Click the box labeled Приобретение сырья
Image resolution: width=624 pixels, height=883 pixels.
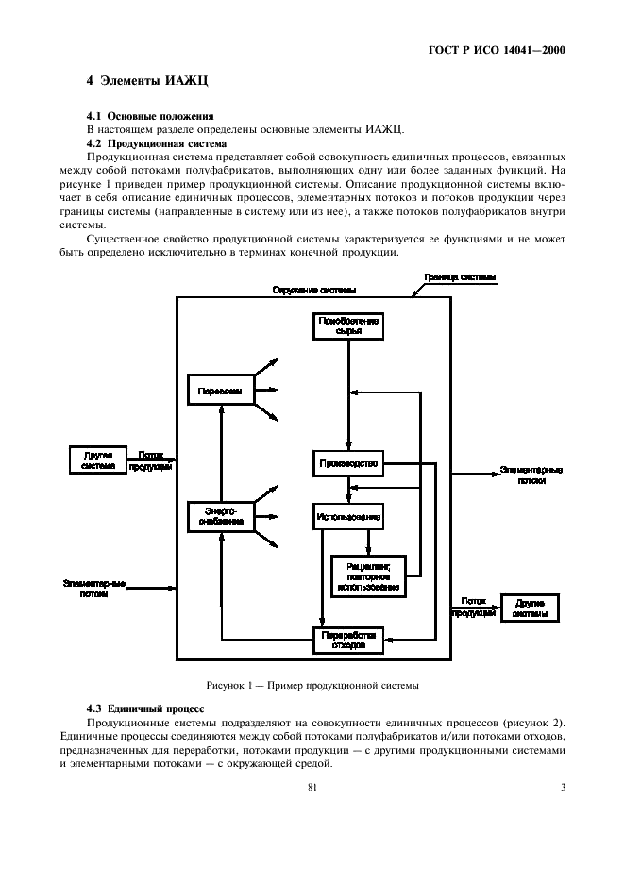pos(348,326)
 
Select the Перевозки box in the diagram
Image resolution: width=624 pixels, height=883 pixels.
pos(221,390)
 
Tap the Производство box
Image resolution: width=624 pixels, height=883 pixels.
pos(348,463)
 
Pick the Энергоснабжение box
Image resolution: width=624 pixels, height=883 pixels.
pos(220,515)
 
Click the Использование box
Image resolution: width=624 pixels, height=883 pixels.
pos(348,517)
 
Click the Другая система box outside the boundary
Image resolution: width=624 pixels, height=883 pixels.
pos(98,459)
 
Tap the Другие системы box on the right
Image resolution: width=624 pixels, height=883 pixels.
pos(529,608)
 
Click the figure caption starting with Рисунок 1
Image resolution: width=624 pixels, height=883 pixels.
pos(312,684)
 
